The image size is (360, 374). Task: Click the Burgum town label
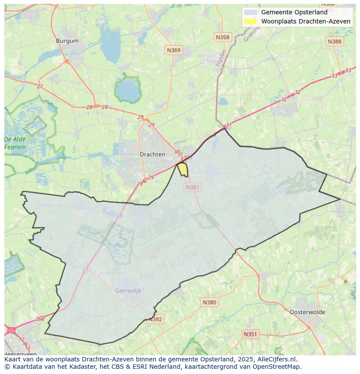pos(67,41)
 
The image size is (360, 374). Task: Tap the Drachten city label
pos(152,154)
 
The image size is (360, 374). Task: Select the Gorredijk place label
pos(128,291)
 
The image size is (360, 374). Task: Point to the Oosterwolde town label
pos(307,312)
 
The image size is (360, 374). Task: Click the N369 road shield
pos(173,50)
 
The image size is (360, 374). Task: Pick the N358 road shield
pos(223,37)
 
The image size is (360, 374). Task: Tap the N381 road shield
pos(192,187)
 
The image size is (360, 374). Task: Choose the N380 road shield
pos(209,302)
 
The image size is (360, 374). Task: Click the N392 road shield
pos(155,319)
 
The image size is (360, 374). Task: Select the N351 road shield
pos(250,334)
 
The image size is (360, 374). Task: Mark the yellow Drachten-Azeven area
pos(183,169)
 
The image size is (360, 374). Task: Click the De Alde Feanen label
pos(15,143)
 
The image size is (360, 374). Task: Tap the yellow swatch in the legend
pos(250,21)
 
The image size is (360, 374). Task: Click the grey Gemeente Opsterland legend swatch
pos(250,12)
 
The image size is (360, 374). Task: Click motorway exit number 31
pos(229,125)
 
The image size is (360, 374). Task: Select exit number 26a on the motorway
pos(40,318)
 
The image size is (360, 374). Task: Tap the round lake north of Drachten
pos(127,90)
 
